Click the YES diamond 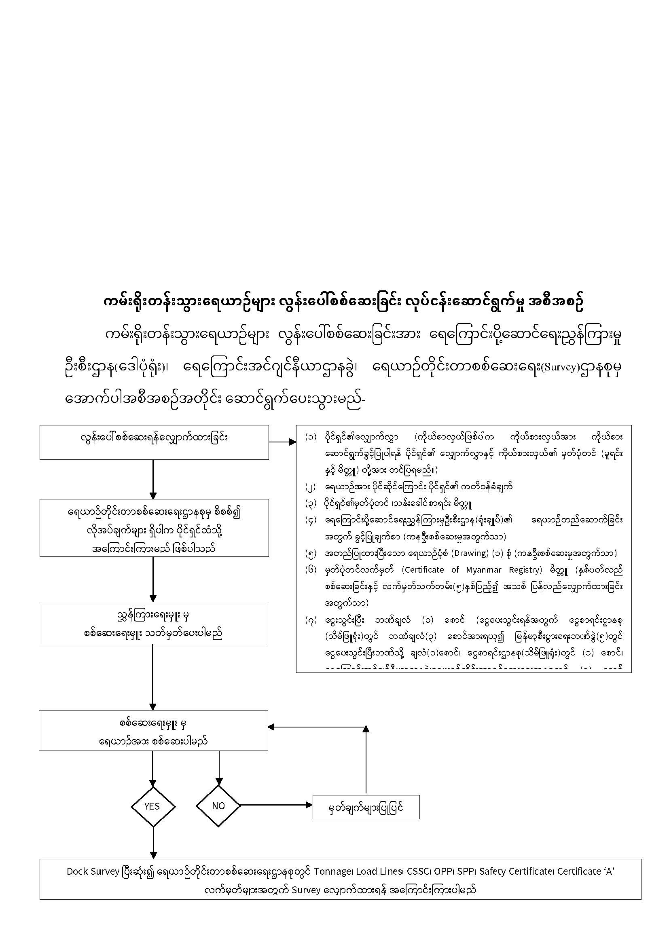[x=153, y=806]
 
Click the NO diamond [x=218, y=806]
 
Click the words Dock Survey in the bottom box [x=93, y=871]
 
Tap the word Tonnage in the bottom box [x=330, y=871]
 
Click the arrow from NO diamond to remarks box [x=276, y=805]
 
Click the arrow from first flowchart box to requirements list [x=283, y=442]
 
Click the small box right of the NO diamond [x=366, y=807]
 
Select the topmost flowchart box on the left [x=154, y=442]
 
